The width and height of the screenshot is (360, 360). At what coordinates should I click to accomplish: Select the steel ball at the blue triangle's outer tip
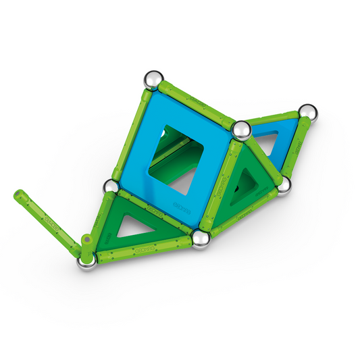pyautogui.click(x=307, y=112)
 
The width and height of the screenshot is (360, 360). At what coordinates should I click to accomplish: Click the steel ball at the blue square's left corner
pyautogui.click(x=110, y=186)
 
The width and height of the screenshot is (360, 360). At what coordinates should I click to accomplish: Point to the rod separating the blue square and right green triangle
pyautogui.click(x=220, y=184)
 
